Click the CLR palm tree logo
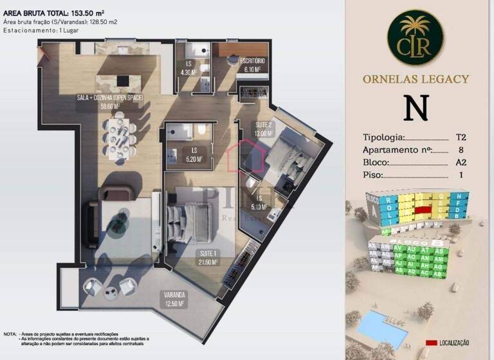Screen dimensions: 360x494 (416, 37)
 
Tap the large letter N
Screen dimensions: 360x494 (416, 108)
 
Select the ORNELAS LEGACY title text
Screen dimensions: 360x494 (416, 79)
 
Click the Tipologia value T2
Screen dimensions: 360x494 (461, 138)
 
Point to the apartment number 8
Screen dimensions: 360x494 (461, 150)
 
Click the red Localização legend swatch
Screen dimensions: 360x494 (432, 343)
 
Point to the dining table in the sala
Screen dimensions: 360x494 (121, 135)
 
